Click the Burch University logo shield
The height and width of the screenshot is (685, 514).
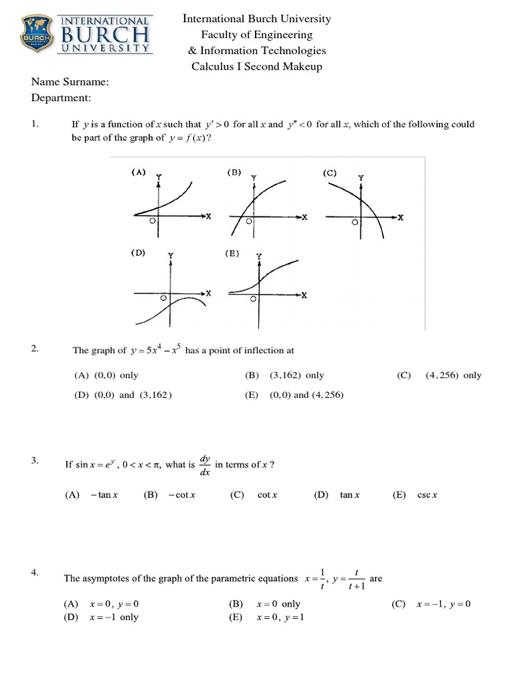click(39, 35)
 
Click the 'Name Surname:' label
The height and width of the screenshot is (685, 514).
click(70, 82)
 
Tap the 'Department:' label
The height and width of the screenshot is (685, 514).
click(61, 98)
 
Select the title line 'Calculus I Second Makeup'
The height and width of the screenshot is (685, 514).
click(257, 66)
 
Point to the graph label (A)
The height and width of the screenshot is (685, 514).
click(138, 172)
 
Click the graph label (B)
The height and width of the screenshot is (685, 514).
click(234, 172)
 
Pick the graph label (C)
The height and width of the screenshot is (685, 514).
click(330, 173)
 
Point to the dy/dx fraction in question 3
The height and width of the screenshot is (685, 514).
click(205, 465)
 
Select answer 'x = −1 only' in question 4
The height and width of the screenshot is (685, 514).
click(114, 617)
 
